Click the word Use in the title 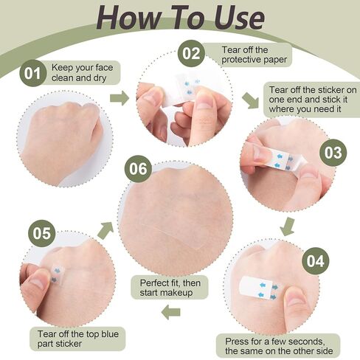click(x=239, y=18)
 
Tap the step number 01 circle click(x=32, y=73)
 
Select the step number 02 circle click(x=191, y=53)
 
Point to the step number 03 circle click(x=333, y=153)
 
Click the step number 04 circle click(x=316, y=261)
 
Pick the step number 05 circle click(x=42, y=233)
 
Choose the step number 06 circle click(x=138, y=169)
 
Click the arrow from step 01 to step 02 click(x=120, y=98)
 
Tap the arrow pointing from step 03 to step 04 click(x=288, y=226)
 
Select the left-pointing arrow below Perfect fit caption click(x=171, y=312)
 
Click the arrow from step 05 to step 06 click(x=105, y=230)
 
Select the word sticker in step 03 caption click(x=327, y=90)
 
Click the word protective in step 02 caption click(x=240, y=60)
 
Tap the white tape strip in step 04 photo click(x=258, y=288)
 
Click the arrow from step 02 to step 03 click(x=251, y=100)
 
